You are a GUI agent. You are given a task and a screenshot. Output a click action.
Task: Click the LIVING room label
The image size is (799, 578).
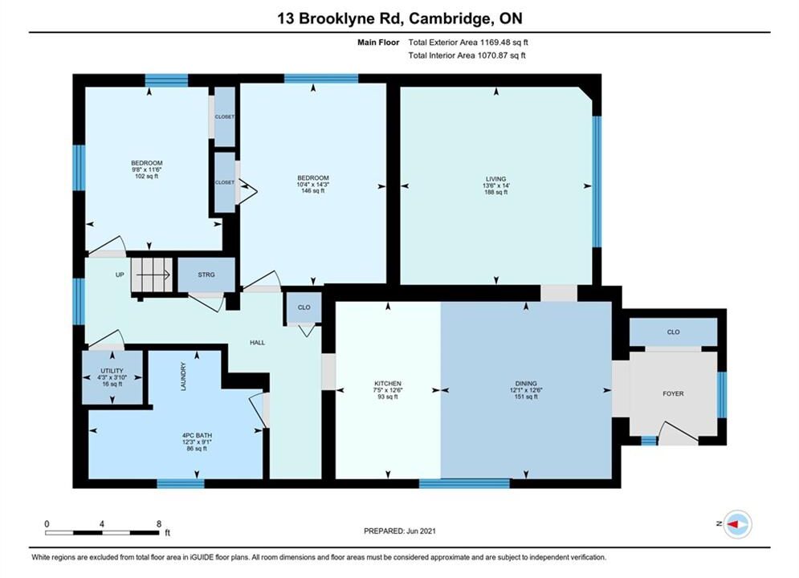click(x=495, y=179)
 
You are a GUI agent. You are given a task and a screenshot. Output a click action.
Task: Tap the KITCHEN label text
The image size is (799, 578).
click(x=388, y=384)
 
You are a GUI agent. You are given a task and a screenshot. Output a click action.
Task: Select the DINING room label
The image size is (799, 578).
click(x=526, y=384)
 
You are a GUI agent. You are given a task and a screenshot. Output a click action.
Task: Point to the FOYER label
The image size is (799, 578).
click(x=673, y=393)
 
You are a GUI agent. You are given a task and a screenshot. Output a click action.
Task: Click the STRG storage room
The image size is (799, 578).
click(x=206, y=275)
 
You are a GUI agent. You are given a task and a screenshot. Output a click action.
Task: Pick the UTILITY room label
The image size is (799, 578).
click(x=112, y=371)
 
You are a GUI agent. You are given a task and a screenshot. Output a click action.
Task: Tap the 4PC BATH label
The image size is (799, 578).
click(x=198, y=435)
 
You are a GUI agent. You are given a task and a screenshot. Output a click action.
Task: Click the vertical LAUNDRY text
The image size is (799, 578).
click(x=183, y=377)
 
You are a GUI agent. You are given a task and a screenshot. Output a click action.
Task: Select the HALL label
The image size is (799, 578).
click(x=257, y=343)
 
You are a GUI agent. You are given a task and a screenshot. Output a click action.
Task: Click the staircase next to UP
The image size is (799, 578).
click(x=152, y=275)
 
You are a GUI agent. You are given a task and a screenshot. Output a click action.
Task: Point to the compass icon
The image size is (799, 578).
click(x=737, y=524)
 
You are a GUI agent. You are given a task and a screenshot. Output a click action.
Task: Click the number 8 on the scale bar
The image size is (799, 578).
click(x=159, y=523)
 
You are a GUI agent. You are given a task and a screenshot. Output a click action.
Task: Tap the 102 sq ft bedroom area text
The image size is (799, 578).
click(x=146, y=176)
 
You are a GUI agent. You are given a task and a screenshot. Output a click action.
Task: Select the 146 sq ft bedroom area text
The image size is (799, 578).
click(x=313, y=191)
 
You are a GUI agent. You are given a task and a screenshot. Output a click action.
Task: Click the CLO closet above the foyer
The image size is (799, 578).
click(x=673, y=332)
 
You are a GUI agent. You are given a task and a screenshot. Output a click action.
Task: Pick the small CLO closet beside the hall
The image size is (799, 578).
click(x=304, y=307)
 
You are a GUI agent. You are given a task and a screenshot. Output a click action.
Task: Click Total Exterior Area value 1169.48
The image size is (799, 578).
click(x=495, y=43)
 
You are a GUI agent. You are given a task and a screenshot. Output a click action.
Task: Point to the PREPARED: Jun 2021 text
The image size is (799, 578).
click(x=400, y=531)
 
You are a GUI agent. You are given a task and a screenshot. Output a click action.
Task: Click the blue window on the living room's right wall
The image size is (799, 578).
click(x=597, y=181)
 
